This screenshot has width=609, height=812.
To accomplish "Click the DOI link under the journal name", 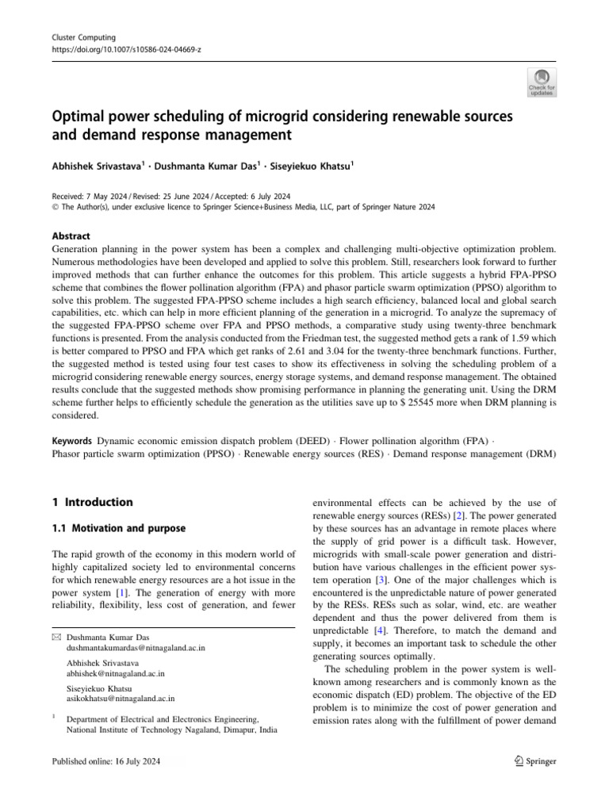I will tap(115, 48).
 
